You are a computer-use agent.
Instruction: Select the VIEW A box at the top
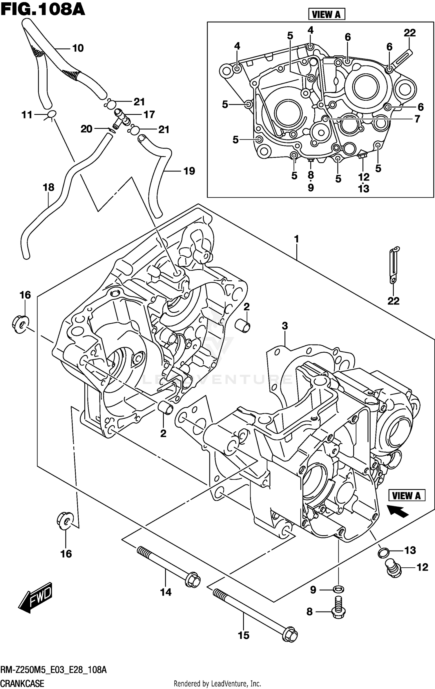[x=326, y=14]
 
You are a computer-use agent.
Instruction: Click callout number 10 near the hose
[x=78, y=48]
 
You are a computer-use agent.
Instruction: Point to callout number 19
[x=189, y=171]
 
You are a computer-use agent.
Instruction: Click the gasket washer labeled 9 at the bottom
[x=338, y=589]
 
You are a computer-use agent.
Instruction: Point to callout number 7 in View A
[x=417, y=119]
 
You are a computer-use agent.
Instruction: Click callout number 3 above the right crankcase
[x=285, y=326]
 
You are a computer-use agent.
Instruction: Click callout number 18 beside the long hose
[x=48, y=187]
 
